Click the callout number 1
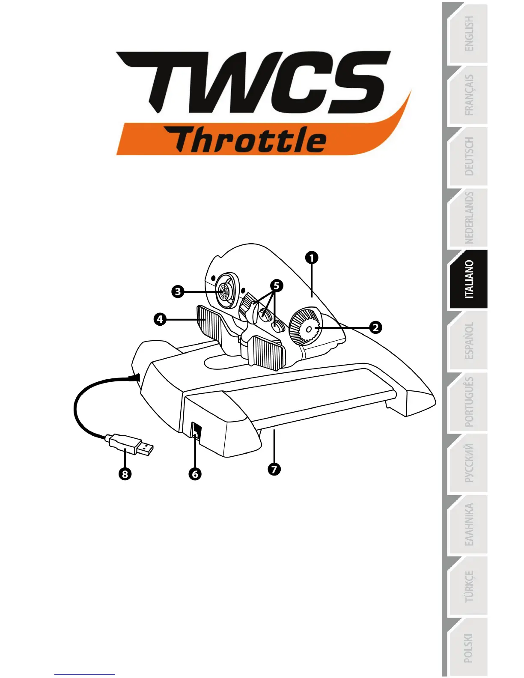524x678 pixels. point(312,258)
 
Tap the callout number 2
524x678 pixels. point(375,327)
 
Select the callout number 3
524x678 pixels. point(178,292)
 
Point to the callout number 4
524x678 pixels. point(160,319)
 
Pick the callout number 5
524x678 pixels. point(276,285)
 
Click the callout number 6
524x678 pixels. point(195,474)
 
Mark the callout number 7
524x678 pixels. point(274,469)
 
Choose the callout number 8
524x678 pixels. point(125,474)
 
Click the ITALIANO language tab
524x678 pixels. point(469,279)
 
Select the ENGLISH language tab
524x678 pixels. point(469,34)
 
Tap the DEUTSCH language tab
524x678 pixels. point(469,157)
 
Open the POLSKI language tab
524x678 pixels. point(469,647)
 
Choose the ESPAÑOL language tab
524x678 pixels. point(469,340)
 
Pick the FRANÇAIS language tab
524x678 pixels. point(469,95)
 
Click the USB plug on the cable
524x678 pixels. point(131,444)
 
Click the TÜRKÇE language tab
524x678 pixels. point(469,586)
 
